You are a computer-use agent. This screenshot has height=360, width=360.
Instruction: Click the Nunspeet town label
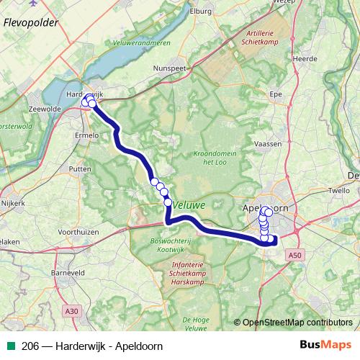(x=170, y=68)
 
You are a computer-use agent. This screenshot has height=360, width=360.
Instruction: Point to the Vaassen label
(x=268, y=144)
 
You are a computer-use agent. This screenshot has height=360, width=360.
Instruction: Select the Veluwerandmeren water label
(x=142, y=42)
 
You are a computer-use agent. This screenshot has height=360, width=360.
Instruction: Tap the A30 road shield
(x=70, y=312)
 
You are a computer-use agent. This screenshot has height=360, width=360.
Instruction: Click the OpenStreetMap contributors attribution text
(x=296, y=322)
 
